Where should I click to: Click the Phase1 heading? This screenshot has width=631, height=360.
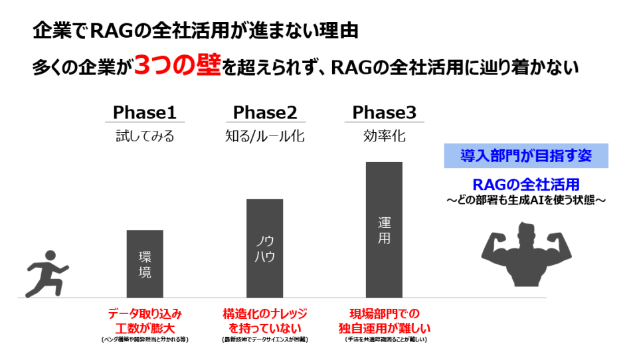pyautogui.click(x=145, y=112)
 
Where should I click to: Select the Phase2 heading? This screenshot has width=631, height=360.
pyautogui.click(x=264, y=112)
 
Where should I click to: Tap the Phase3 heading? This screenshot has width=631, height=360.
pyautogui.click(x=384, y=112)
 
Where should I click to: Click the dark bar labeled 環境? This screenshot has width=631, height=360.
pyautogui.click(x=145, y=264)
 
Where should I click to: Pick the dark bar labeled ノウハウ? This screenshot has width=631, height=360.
pyautogui.click(x=264, y=248)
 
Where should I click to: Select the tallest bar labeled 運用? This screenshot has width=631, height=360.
pyautogui.click(x=384, y=229)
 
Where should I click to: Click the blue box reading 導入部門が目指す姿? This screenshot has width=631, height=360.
pyautogui.click(x=525, y=155)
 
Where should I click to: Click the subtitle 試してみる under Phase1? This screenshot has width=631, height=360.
pyautogui.click(x=145, y=137)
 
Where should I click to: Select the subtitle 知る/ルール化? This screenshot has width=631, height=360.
pyautogui.click(x=264, y=137)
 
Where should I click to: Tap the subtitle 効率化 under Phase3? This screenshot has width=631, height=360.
pyautogui.click(x=384, y=137)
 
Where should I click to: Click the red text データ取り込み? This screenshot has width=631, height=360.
pyautogui.click(x=145, y=314)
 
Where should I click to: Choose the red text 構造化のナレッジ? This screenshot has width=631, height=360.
pyautogui.click(x=264, y=314)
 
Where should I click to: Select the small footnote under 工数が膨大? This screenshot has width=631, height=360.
pyautogui.click(x=145, y=340)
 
